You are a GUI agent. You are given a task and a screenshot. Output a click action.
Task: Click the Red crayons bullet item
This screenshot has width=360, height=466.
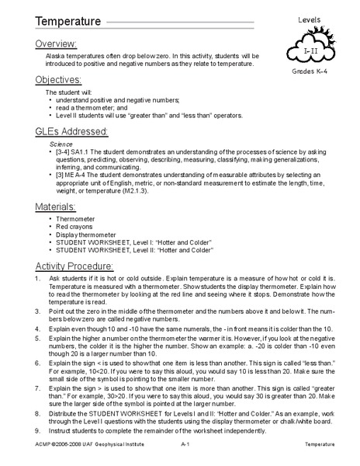pos(76,228)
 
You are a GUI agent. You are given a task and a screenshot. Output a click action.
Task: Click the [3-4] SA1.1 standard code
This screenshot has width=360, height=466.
pos(76,153)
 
